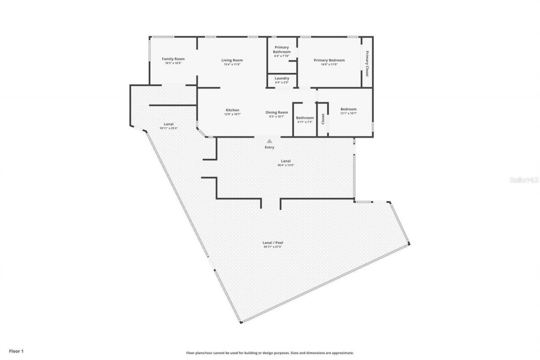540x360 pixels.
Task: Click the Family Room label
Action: (173, 59)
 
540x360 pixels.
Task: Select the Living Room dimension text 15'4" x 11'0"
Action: (232, 64)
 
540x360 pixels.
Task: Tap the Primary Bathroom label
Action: (281, 49)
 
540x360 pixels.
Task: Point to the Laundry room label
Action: (281, 78)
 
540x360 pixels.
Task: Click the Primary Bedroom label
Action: (329, 60)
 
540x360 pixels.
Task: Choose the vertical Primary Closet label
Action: (367, 64)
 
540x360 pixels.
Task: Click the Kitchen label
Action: (232, 110)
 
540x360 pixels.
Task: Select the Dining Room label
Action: (276, 112)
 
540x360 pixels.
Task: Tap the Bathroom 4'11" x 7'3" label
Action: (305, 118)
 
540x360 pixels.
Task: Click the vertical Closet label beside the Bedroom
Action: (323, 119)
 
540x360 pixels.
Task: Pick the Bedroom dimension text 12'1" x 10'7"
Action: (348, 113)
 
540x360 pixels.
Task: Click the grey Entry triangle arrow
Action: (269, 141)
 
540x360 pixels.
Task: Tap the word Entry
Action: (269, 147)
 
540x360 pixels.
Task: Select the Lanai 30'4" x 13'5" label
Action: (286, 161)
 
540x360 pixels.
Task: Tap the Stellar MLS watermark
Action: (524, 180)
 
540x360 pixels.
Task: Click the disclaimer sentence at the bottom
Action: (270, 353)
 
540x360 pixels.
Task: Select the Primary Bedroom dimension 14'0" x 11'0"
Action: (329, 65)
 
